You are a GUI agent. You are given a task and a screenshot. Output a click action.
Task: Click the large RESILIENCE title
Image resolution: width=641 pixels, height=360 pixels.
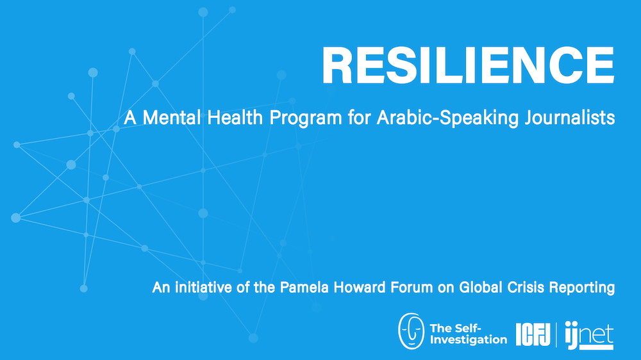pyautogui.click(x=468, y=65)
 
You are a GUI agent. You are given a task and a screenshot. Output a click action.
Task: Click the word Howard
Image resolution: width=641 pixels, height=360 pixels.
pyautogui.click(x=360, y=287)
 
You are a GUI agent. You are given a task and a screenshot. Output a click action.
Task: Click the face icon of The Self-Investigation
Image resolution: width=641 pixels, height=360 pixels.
pyautogui.click(x=412, y=331)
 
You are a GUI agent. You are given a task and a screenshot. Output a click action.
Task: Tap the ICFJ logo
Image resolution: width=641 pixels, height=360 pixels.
pyautogui.click(x=533, y=334)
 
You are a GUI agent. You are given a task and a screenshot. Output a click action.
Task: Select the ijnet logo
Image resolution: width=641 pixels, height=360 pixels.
pyautogui.click(x=589, y=335)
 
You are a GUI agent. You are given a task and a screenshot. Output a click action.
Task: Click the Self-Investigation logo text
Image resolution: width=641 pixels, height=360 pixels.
pyautogui.click(x=469, y=334)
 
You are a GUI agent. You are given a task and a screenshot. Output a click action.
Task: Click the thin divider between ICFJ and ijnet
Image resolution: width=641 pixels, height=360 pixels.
pyautogui.click(x=556, y=334)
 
